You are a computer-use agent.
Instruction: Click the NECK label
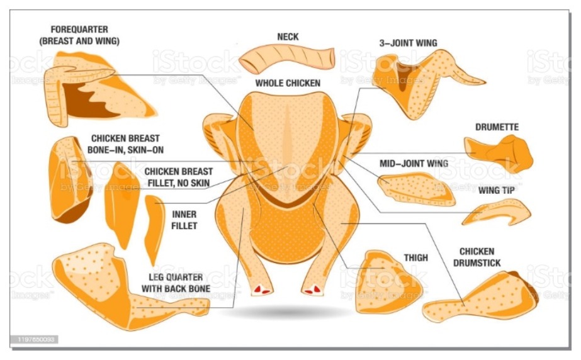[x=288, y=37]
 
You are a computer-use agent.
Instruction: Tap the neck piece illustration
[x=287, y=58]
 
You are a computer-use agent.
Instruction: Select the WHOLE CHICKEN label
[x=288, y=83]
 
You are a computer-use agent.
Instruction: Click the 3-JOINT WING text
[x=408, y=43]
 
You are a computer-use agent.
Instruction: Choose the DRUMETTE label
[x=497, y=127]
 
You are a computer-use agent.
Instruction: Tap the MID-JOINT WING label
[x=414, y=164]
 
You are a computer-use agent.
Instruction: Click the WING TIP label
[x=497, y=190]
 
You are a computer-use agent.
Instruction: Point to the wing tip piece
[x=497, y=213]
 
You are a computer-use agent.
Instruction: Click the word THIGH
[x=415, y=258]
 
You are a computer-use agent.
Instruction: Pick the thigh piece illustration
[x=387, y=282]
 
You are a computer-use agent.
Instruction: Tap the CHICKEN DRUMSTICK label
[x=477, y=257]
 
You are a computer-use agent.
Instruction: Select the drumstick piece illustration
[x=482, y=297]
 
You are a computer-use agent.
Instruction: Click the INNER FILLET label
[x=184, y=220]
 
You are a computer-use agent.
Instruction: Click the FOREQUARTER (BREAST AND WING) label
[x=79, y=35]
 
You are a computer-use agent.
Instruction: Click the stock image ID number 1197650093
[x=36, y=339]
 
